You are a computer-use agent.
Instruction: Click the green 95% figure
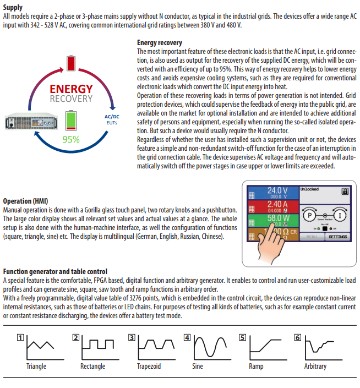tap(70, 139)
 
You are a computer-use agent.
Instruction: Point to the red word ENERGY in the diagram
tap(71, 89)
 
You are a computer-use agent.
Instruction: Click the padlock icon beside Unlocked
tap(345, 192)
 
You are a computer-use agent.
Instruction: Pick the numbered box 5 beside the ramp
tap(242, 338)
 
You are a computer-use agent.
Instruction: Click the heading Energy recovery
tap(159, 42)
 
